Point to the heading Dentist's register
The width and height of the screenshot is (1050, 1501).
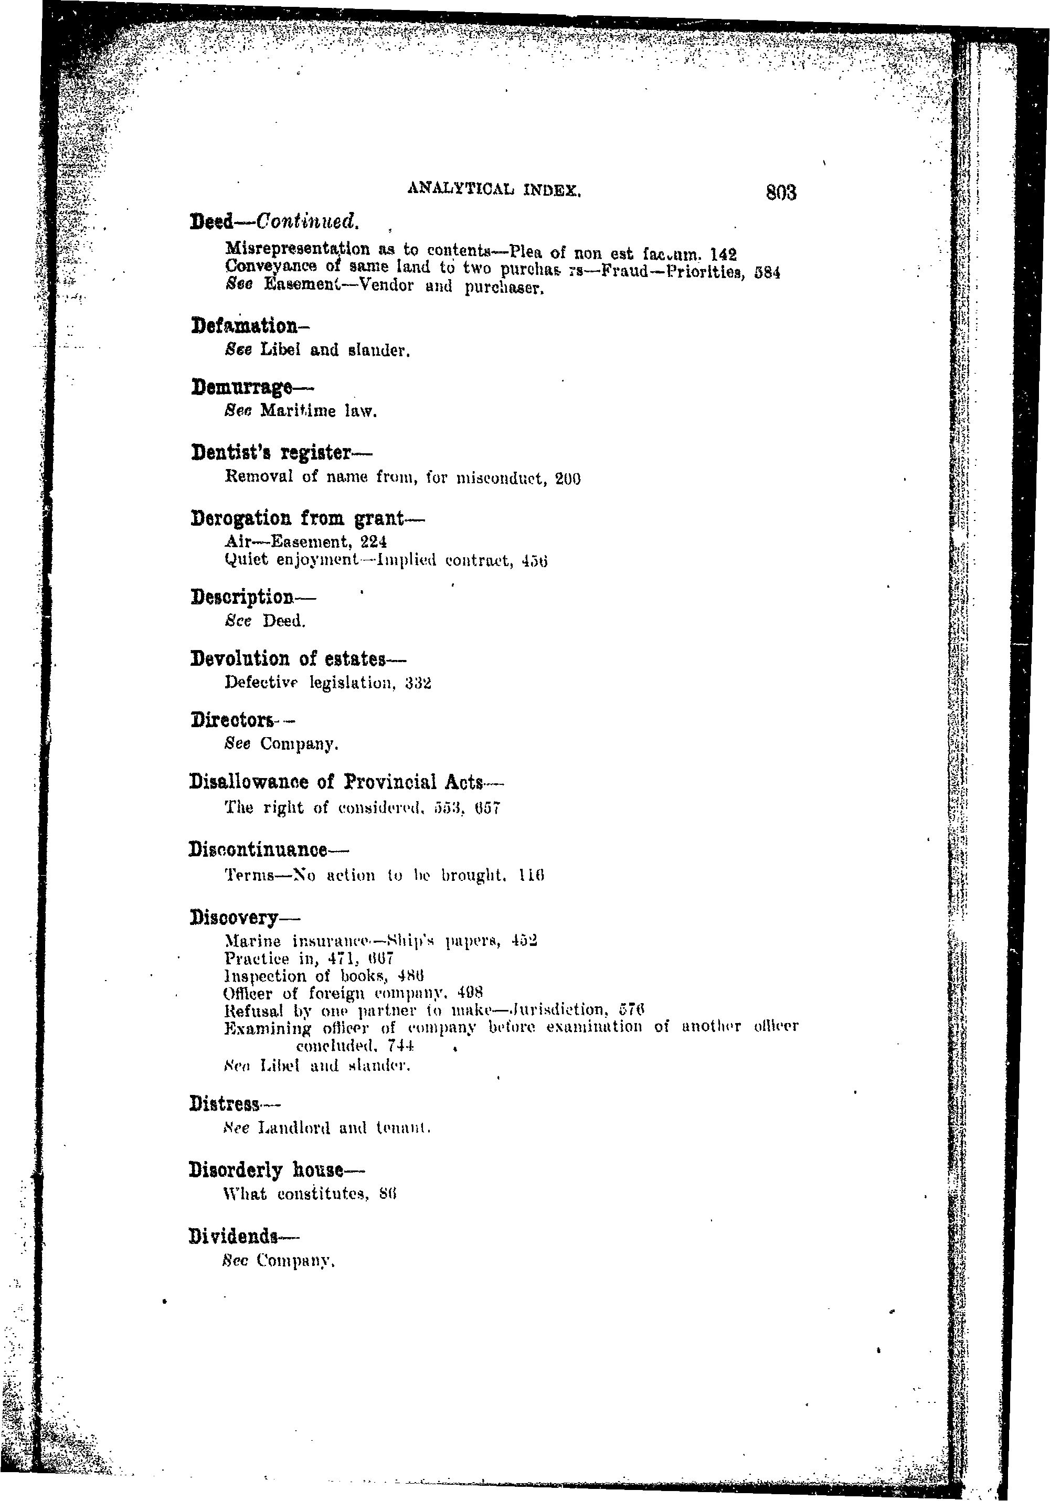pos(281,452)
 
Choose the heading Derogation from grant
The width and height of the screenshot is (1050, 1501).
pos(307,518)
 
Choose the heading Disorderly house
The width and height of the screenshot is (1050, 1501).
pos(276,1169)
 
